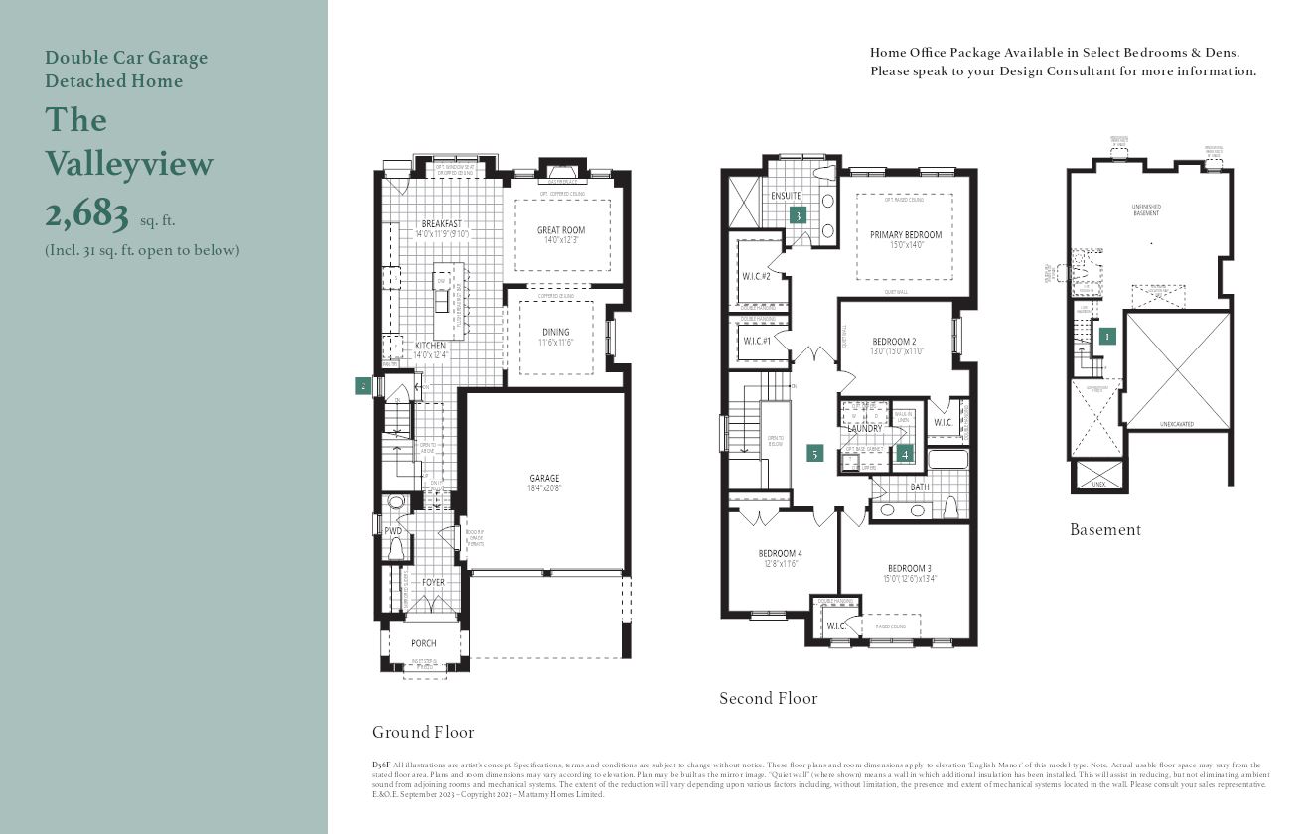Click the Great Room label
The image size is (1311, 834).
point(561,230)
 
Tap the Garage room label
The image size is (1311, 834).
point(544,478)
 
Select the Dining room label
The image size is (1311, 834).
point(556,332)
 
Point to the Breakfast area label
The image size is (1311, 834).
point(441,224)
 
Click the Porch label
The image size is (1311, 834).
point(424,643)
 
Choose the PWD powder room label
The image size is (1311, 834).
point(393,531)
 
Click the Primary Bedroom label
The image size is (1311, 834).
point(906,235)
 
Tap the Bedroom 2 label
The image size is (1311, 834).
point(894,342)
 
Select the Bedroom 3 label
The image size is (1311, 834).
point(909,568)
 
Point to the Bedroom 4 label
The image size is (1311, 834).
point(780,553)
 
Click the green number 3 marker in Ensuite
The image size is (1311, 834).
point(797,214)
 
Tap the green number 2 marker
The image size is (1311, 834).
point(364,386)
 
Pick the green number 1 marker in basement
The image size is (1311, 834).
point(1106,336)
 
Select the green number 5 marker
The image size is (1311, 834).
point(815,453)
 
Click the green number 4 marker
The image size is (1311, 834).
point(904,454)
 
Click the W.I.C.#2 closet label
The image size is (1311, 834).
point(757,276)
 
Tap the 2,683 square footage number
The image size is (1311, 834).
point(87,213)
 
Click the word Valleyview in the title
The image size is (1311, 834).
point(129,164)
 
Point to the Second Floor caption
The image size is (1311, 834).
point(769,699)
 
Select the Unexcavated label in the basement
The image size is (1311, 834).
point(1177,424)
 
